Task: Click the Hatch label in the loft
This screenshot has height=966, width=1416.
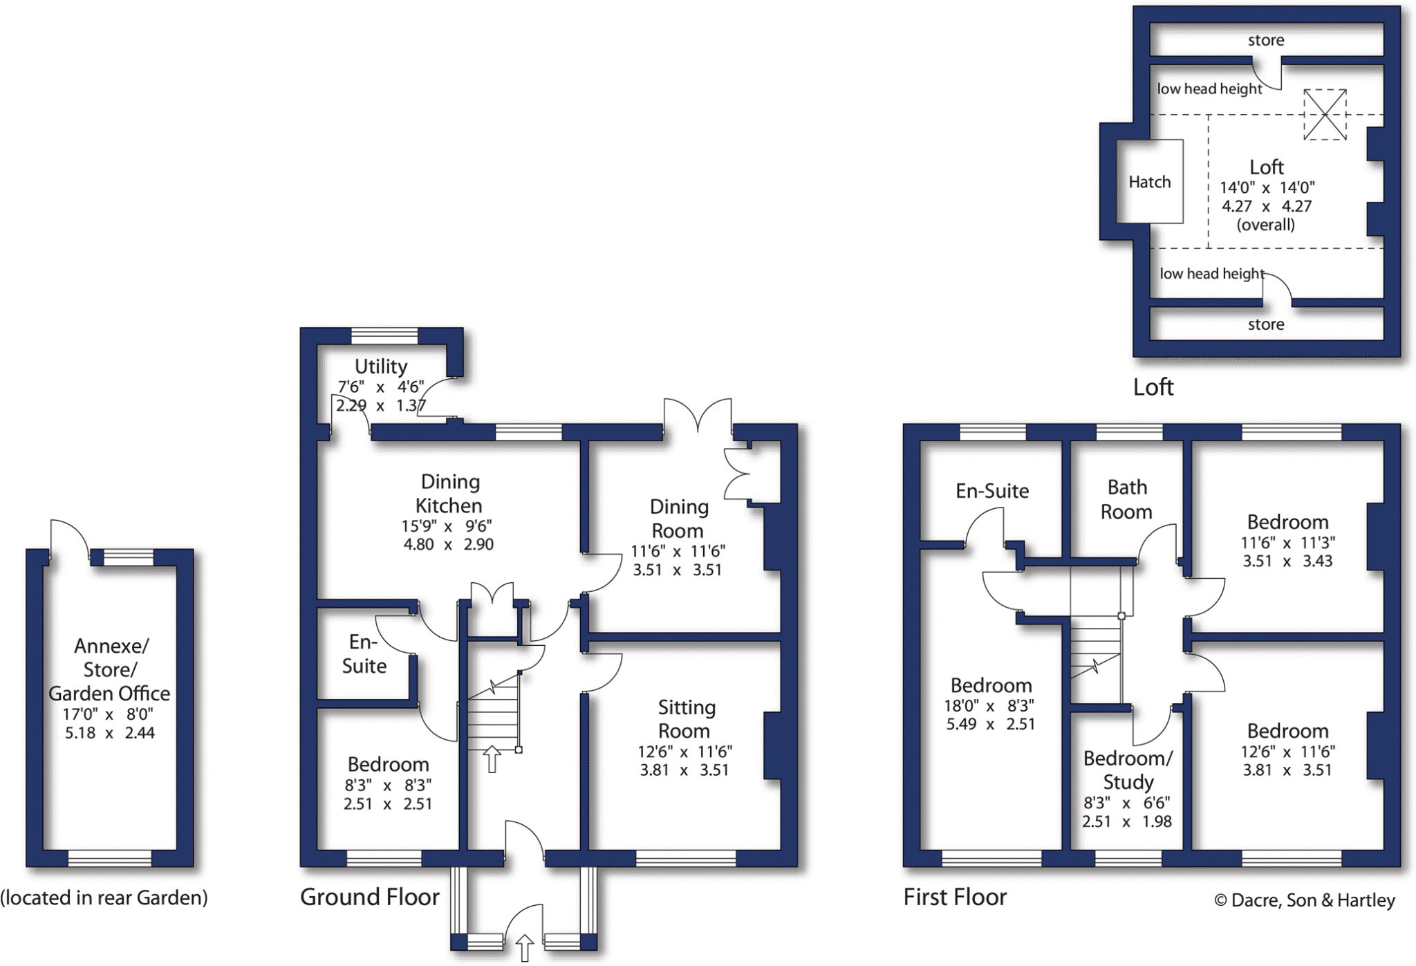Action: (1150, 182)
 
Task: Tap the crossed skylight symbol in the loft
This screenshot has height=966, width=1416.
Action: (1325, 115)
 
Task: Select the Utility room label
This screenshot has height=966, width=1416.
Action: (381, 366)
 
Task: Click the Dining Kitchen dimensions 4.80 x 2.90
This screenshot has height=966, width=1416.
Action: (448, 544)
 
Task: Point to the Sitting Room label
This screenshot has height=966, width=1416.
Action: (685, 719)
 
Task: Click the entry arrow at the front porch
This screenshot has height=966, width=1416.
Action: (525, 948)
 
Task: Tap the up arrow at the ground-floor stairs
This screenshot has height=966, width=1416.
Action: (492, 759)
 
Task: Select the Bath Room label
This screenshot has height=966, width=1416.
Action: (1127, 499)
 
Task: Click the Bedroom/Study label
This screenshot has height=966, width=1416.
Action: (1128, 770)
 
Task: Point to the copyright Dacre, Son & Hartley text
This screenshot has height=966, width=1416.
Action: (1305, 900)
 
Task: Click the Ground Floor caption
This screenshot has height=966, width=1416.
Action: (370, 897)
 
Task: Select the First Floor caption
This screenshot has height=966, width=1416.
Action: (955, 897)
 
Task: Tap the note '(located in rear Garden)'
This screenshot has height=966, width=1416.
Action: (104, 898)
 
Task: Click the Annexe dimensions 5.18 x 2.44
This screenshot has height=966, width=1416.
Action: (110, 733)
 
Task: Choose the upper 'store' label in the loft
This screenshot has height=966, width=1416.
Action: (1266, 40)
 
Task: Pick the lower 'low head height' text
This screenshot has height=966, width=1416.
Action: (1212, 273)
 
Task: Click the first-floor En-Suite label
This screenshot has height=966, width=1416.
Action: (992, 491)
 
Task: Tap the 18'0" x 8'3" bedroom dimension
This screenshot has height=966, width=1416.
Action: (989, 706)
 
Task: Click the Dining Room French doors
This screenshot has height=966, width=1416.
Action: (698, 418)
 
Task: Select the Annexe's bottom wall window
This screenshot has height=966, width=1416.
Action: (110, 858)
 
